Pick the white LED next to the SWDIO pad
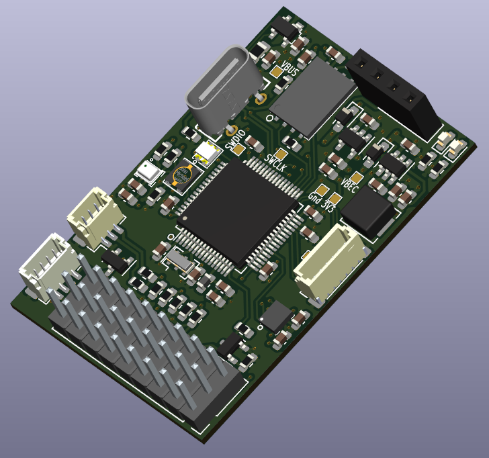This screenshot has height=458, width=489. pos(206,154)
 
